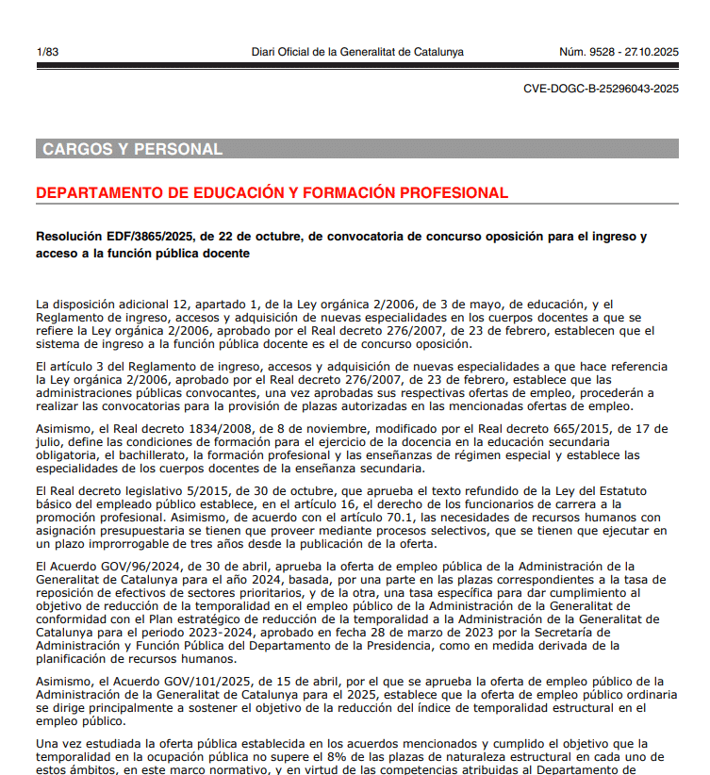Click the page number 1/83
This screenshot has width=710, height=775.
click(x=47, y=52)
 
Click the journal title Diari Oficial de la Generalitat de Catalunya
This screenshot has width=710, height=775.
click(x=357, y=52)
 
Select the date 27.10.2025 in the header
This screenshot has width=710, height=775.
click(x=653, y=52)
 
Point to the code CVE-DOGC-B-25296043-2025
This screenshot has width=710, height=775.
click(x=601, y=89)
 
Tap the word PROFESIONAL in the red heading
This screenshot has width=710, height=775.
click(x=454, y=193)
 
